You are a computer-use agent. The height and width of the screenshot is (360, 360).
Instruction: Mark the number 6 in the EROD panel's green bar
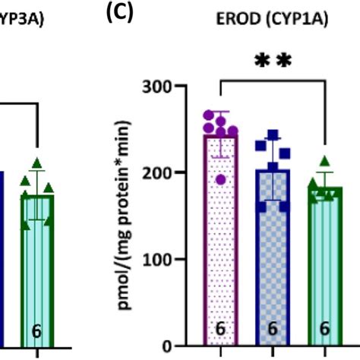coord(324,330)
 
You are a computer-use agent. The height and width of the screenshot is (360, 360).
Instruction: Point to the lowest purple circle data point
coord(220,179)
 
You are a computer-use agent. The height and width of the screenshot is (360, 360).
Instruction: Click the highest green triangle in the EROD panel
coord(324,160)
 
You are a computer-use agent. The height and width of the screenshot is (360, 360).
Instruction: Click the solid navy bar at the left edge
coord(2,258)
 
